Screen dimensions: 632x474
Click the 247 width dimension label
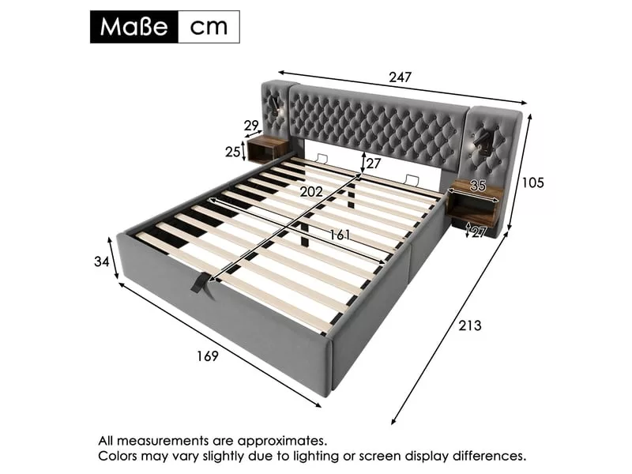coord(400,77)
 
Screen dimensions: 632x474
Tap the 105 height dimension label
coord(532,182)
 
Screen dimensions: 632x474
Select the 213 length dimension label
coord(469,325)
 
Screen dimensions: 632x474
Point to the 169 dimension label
coord(207,356)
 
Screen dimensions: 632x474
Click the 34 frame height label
coord(102,261)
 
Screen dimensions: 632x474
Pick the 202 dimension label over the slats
coord(311,192)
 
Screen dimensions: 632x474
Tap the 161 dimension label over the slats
coord(340,235)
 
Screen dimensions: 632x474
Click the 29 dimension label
coord(251,126)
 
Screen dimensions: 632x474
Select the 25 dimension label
coord(233,152)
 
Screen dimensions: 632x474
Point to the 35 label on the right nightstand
coord(478,186)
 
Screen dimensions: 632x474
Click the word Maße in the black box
coord(134,27)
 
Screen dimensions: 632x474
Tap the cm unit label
coord(209,28)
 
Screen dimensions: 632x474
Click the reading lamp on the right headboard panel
coord(482,144)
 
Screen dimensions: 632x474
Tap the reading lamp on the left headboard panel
coord(277,104)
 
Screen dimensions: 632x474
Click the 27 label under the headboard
coord(373,164)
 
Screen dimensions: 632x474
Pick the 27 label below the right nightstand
coord(479,232)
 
